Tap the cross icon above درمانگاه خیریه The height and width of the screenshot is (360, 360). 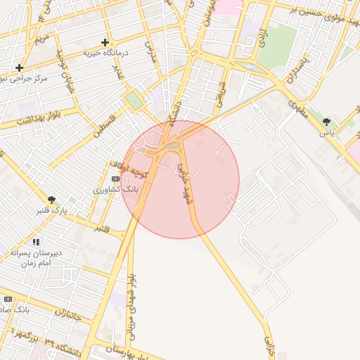(x=105, y=42)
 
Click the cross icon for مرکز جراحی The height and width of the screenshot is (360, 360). (x=20, y=67)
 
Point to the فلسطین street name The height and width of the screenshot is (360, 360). (x=105, y=120)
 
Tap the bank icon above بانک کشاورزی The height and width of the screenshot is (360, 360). (x=115, y=179)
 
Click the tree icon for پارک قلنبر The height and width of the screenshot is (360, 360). (x=51, y=200)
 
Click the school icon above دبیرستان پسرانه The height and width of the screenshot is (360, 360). (x=35, y=241)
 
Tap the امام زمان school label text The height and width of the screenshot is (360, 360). (x=34, y=262)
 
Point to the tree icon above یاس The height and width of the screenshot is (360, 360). (x=326, y=122)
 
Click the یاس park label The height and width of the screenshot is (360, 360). (x=326, y=132)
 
